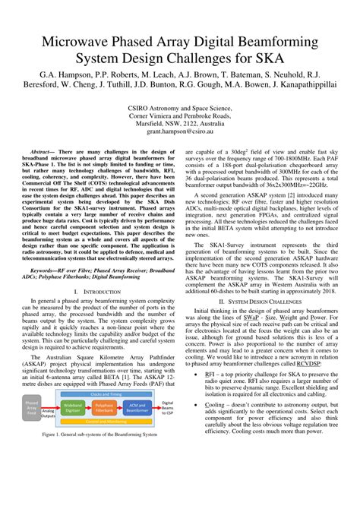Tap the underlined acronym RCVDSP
pyautogui.click(x=308, y=364)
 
